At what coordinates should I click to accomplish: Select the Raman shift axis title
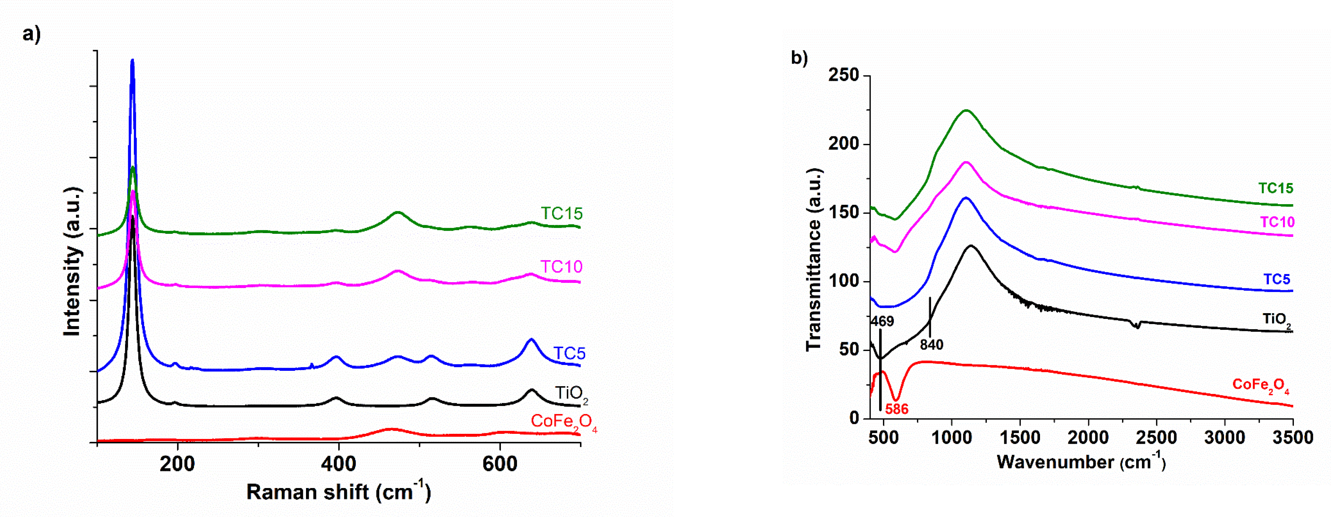338,492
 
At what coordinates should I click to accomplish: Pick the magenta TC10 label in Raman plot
561,267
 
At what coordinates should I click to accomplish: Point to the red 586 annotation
897,409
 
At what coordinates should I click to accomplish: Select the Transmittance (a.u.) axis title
813,260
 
